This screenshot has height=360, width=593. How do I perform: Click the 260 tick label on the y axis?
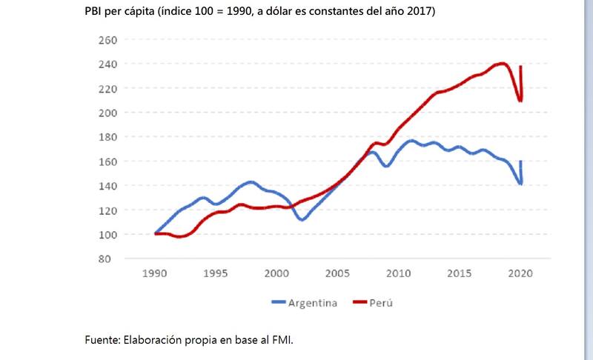108,39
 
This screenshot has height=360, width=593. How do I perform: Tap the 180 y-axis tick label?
108,137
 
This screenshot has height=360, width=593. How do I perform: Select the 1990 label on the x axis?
155,273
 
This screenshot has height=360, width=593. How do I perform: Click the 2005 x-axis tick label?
338,273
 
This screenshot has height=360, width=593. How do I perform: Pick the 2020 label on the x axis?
521,273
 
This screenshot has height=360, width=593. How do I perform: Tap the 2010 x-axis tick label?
399,273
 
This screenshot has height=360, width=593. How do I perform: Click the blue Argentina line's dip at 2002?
302,219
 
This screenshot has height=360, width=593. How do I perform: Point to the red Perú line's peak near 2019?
503,64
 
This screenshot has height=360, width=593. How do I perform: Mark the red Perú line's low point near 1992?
179,237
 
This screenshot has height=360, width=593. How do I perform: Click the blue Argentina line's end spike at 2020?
522,162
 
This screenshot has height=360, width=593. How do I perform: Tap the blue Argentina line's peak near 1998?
251,181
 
